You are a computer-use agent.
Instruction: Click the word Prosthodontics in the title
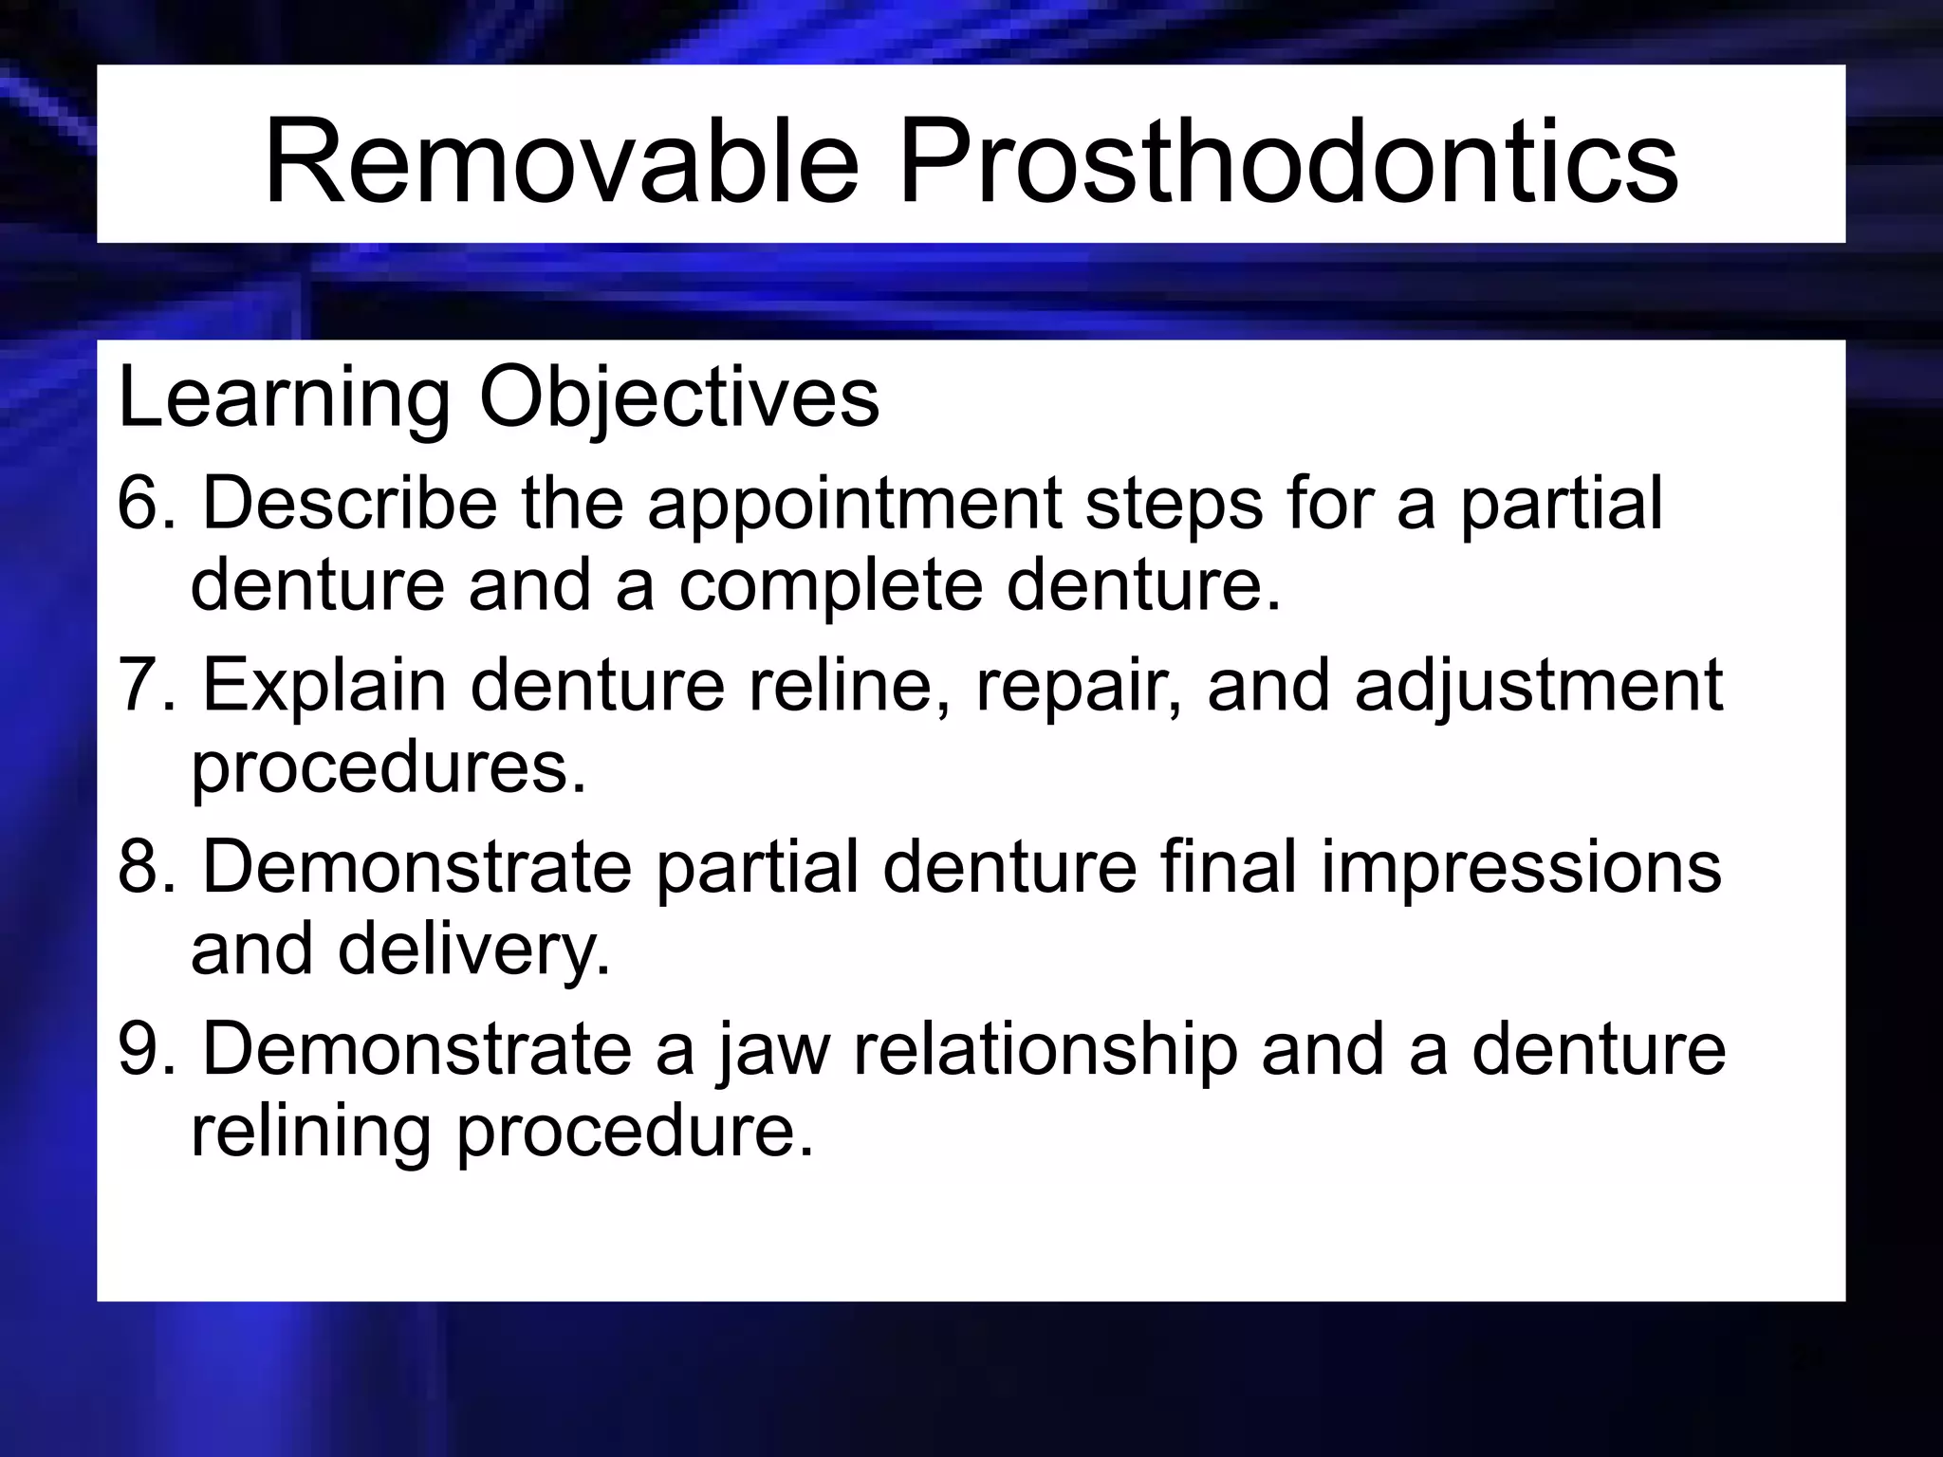(1287, 161)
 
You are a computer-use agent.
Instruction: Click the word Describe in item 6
(349, 503)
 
